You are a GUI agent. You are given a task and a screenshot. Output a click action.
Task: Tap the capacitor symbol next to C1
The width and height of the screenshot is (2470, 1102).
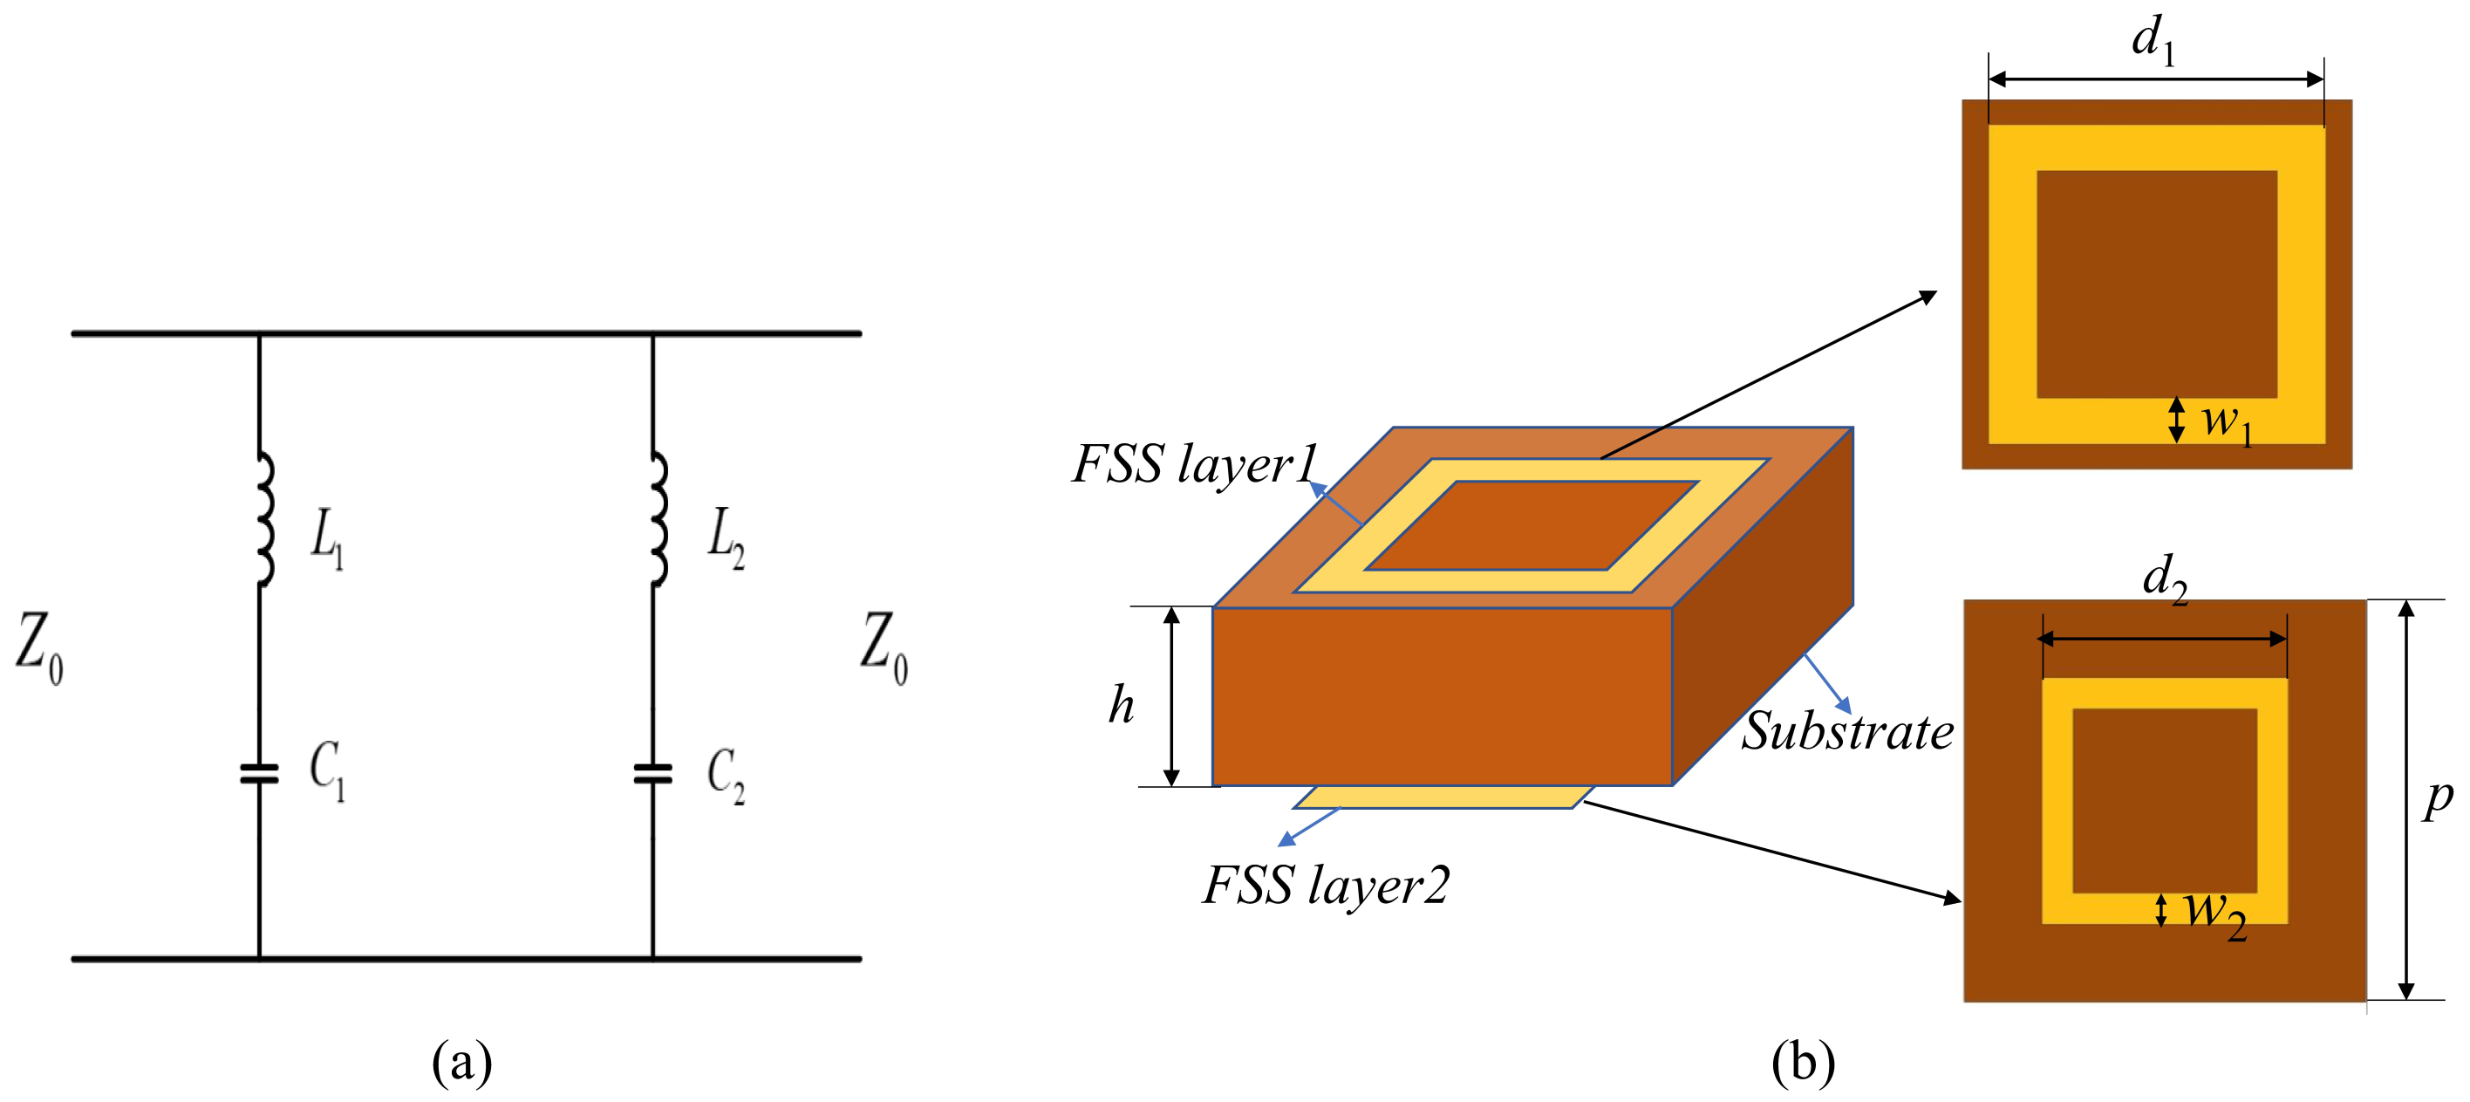tap(259, 773)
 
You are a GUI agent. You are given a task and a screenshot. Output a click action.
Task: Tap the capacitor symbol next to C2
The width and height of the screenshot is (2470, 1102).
tap(653, 773)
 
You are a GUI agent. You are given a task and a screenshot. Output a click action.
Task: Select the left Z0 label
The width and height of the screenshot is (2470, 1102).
tap(39, 648)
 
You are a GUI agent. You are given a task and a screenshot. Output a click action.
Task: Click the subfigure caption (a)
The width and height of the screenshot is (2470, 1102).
tap(462, 1062)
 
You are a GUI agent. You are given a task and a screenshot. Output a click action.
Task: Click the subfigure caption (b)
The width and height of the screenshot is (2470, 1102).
tap(1803, 1062)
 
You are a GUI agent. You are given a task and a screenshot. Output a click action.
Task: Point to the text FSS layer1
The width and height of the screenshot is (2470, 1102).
tap(1195, 464)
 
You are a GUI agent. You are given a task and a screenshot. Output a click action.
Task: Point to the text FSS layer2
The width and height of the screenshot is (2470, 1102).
tap(1326, 884)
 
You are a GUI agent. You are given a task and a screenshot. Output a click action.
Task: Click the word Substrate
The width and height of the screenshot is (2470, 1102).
tap(1846, 732)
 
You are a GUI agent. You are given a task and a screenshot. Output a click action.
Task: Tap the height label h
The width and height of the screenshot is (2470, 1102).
tap(1121, 705)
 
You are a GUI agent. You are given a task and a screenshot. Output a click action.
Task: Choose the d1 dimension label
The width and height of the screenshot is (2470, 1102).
tap(2153, 40)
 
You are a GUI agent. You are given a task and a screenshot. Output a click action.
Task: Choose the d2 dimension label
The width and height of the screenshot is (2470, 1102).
tap(2164, 578)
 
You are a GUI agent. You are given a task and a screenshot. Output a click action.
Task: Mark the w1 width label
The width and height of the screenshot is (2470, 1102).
tap(2226, 422)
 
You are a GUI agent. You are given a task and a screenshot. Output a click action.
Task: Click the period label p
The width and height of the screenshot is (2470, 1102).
tap(2437, 798)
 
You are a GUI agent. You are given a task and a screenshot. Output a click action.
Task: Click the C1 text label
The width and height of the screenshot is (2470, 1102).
tap(327, 770)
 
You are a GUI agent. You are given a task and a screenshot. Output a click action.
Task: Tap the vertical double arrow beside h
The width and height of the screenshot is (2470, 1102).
tap(1170, 696)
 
